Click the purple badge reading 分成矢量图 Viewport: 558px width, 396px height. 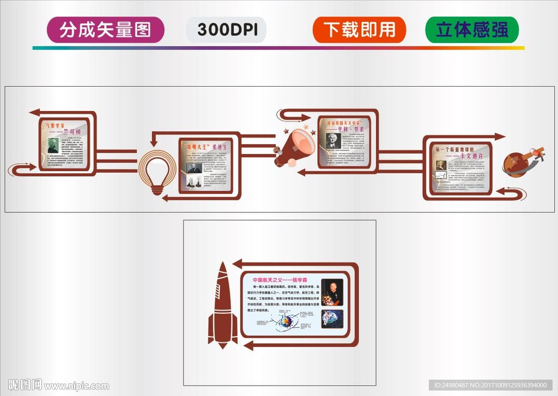(x=105, y=29)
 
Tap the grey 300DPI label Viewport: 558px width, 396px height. (x=226, y=29)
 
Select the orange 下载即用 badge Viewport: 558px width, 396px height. (x=359, y=29)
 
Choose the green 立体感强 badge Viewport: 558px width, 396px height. (x=471, y=29)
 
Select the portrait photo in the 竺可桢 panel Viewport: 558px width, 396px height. (x=52, y=145)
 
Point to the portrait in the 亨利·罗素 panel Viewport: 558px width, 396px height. (x=333, y=141)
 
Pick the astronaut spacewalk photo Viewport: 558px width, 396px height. (x=332, y=319)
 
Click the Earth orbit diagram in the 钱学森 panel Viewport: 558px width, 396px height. (x=284, y=322)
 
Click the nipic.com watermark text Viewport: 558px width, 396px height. (x=76, y=386)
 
